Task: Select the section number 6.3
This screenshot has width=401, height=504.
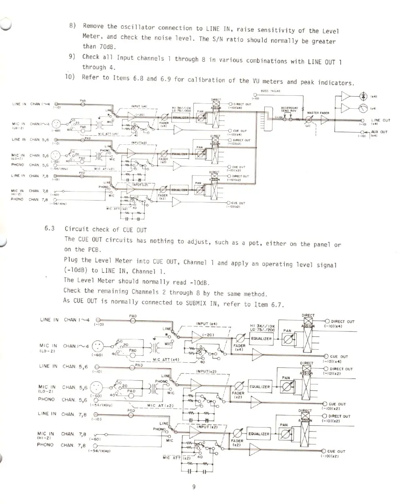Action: pos(49,228)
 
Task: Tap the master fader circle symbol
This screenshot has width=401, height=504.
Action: pos(309,120)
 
